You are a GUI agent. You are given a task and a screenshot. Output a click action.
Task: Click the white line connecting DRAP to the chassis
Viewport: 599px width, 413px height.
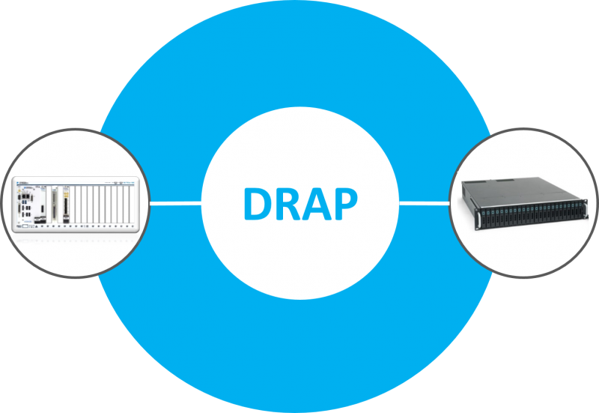[175, 202]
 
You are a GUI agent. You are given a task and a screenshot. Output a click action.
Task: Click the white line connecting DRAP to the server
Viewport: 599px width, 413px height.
[424, 202]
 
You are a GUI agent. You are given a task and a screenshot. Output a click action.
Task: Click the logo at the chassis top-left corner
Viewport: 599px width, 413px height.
[25, 179]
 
